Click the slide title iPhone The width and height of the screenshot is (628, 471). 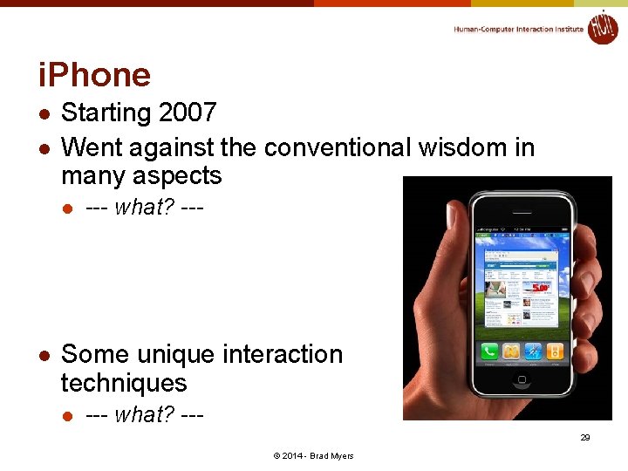[x=94, y=74]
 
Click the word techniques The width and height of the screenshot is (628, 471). [x=124, y=383]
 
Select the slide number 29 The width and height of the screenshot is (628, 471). [x=585, y=437]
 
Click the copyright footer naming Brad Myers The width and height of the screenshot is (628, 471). [x=314, y=456]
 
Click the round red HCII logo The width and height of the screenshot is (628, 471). [x=603, y=27]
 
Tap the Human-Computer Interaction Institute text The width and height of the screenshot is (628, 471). [x=518, y=29]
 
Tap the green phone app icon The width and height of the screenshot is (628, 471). [x=489, y=352]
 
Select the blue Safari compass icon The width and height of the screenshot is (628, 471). [x=532, y=352]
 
